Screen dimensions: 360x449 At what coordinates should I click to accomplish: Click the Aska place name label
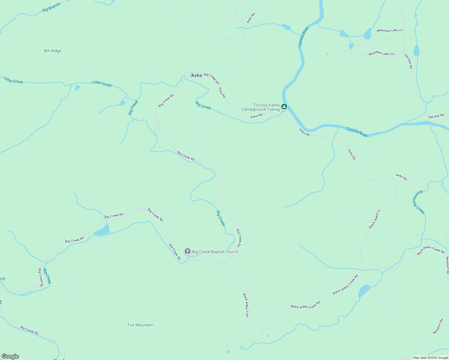pyautogui.click(x=197, y=75)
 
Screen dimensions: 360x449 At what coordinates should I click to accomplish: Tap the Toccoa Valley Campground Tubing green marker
pyautogui.click(x=284, y=106)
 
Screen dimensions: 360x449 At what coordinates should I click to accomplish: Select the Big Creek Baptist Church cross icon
pyautogui.click(x=188, y=251)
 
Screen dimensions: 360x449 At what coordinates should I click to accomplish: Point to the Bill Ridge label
pyautogui.click(x=53, y=51)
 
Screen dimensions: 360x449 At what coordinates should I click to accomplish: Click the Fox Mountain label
pyautogui.click(x=140, y=325)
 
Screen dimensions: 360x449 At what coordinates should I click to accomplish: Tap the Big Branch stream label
pyautogui.click(x=51, y=7)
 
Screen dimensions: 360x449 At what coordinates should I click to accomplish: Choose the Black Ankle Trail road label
pyautogui.click(x=246, y=305)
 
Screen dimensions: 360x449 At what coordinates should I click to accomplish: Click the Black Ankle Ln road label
pyautogui.click(x=375, y=219)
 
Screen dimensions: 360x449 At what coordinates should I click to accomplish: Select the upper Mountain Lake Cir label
pyautogui.click(x=390, y=30)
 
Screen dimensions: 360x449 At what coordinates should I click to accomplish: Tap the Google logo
pyautogui.click(x=10, y=356)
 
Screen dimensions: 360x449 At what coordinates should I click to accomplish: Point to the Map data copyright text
pyautogui.click(x=430, y=358)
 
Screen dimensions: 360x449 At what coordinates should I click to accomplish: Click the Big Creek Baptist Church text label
pyautogui.click(x=215, y=252)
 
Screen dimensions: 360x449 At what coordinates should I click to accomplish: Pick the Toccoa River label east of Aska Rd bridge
pyautogui.click(x=357, y=132)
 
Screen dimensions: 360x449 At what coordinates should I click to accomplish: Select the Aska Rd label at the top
pyautogui.click(x=251, y=18)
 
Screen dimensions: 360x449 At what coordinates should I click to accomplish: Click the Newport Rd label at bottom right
pyautogui.click(x=438, y=326)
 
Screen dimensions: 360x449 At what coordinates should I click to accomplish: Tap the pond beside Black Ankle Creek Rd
pyautogui.click(x=364, y=291)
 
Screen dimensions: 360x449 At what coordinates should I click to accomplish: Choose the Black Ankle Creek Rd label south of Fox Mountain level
pyautogui.click(x=306, y=305)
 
